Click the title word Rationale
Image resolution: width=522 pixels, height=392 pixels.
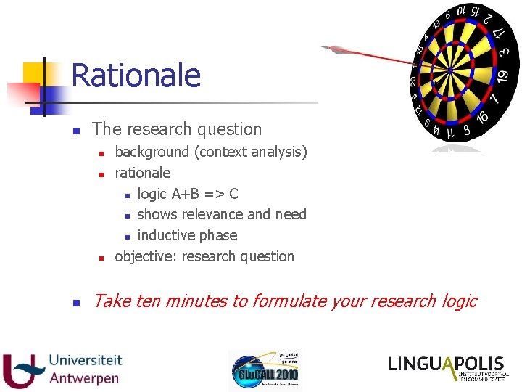pyautogui.click(x=136, y=75)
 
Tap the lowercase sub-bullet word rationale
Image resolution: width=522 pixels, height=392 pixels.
pyautogui.click(x=143, y=173)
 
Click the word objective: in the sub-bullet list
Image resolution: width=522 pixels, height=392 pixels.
pyautogui.click(x=146, y=256)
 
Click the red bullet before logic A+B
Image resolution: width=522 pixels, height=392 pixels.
pyautogui.click(x=127, y=195)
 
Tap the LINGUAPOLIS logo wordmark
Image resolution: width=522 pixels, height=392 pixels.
pyautogui.click(x=446, y=364)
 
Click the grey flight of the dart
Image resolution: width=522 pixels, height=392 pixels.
pyautogui.click(x=336, y=49)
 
